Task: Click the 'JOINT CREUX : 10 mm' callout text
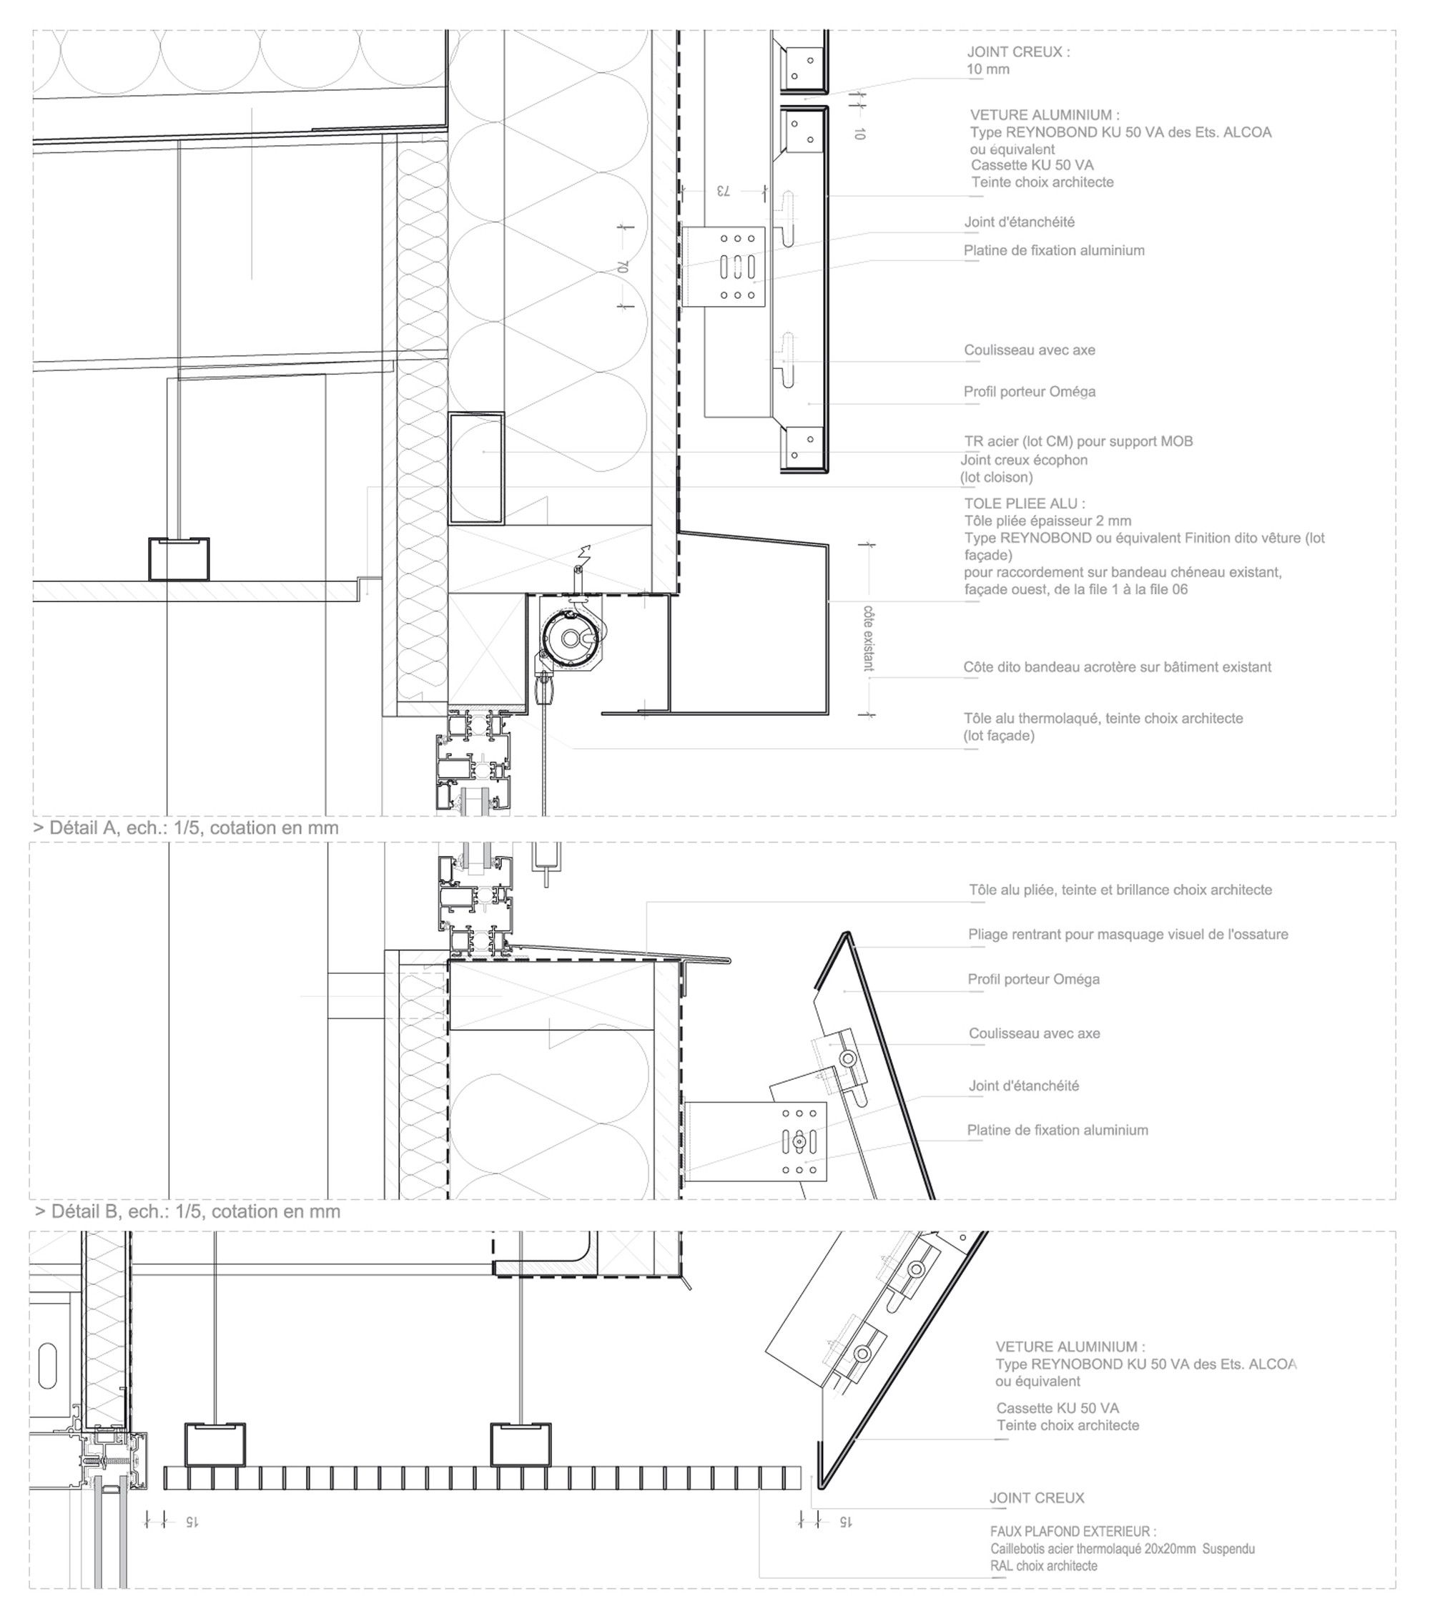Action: point(1017,60)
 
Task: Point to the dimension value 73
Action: point(722,191)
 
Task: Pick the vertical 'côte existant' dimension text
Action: point(868,639)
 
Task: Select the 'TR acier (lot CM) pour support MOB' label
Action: point(1078,441)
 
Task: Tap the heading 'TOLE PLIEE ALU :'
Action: point(1024,503)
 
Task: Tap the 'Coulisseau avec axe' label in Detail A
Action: point(1030,350)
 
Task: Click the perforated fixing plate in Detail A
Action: point(736,266)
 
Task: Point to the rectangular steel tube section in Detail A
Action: point(476,468)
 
